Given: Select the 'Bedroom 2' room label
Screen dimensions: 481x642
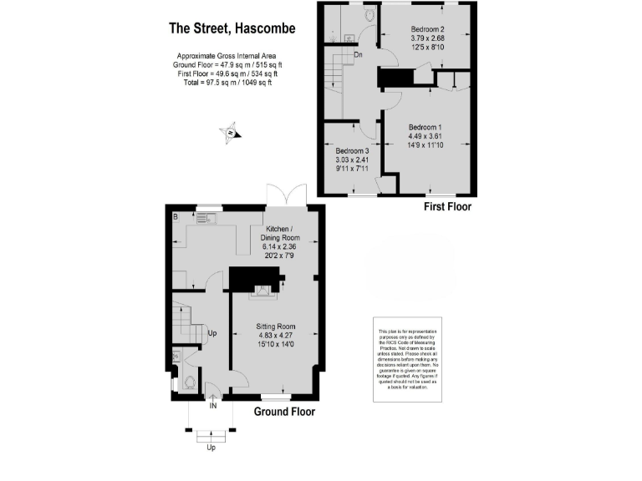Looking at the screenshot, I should click(425, 28).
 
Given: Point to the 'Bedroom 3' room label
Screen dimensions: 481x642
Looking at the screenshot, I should click(352, 151).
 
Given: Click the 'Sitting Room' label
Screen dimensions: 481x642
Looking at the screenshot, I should click(277, 327).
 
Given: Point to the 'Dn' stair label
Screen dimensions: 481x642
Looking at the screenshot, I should click(358, 55).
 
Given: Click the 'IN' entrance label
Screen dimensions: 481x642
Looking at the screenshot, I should click(213, 406).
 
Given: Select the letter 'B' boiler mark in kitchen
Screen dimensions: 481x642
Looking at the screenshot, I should click(176, 217).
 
